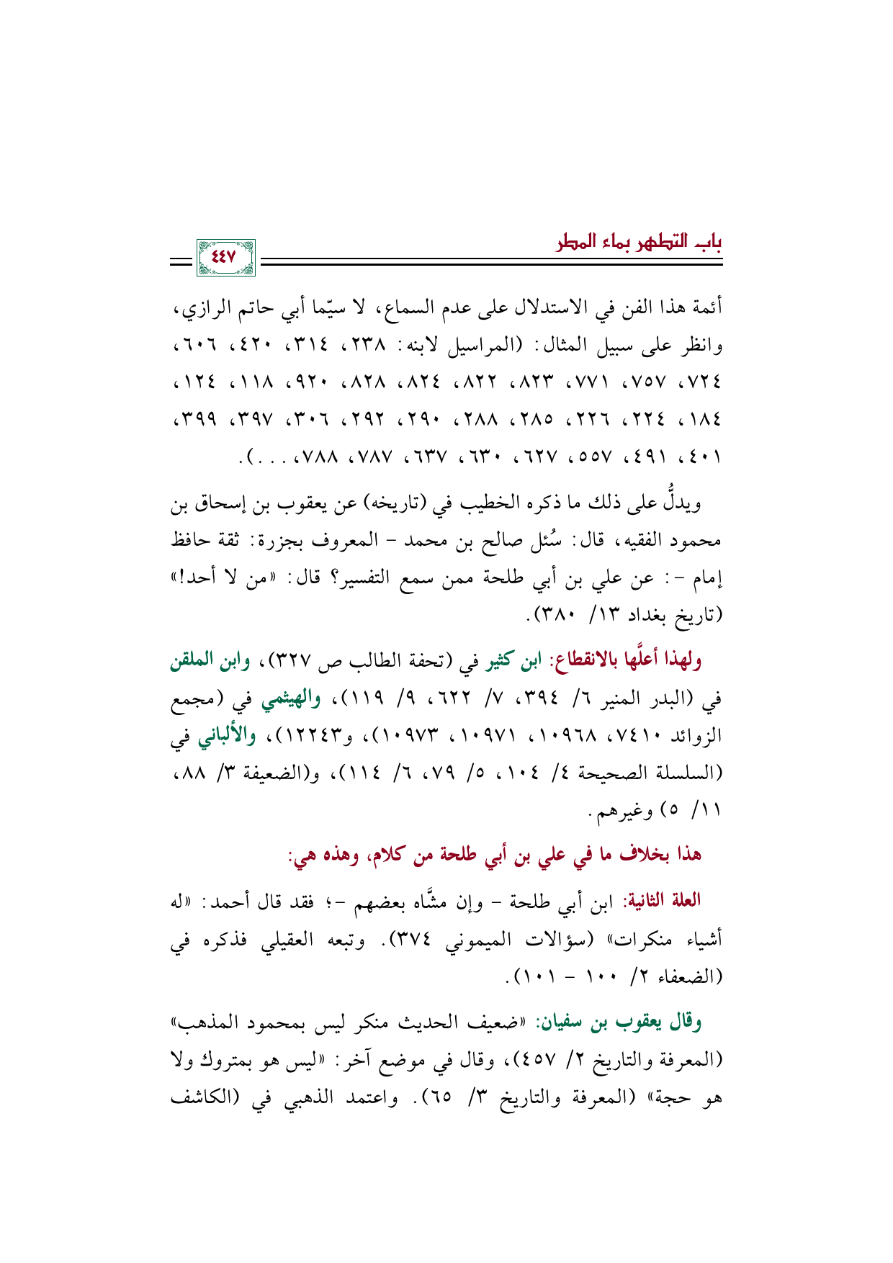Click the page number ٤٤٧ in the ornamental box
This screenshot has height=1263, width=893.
point(225,257)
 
